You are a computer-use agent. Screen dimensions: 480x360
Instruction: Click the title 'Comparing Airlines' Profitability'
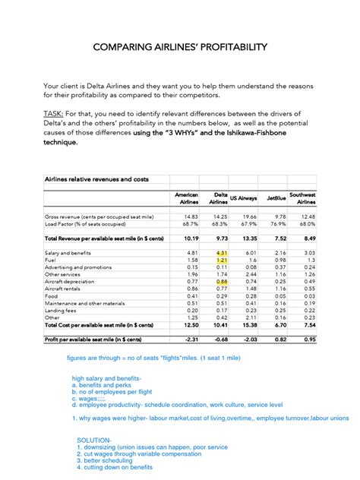[179, 47]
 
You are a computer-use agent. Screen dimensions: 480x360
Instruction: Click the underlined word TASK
[55, 114]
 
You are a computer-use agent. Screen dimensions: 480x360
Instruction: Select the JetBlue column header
[276, 198]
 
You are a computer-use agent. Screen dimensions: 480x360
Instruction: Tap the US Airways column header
[243, 198]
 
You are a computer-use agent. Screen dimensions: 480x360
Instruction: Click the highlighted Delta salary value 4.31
[222, 252]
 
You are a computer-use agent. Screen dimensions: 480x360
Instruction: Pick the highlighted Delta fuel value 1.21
[222, 260]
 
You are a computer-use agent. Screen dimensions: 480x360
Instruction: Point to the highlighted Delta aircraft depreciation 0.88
[222, 281]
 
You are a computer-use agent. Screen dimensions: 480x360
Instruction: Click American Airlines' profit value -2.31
[189, 339]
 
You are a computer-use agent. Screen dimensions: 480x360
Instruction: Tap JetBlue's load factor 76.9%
[276, 224]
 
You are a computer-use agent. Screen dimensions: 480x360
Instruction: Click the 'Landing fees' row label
[61, 310]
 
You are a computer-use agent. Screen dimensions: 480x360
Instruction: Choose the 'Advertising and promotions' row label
[78, 267]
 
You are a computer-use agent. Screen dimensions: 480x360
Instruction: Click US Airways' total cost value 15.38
[248, 324]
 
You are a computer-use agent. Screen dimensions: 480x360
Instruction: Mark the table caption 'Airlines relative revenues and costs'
[96, 179]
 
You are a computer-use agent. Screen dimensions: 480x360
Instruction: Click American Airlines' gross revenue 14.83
[190, 216]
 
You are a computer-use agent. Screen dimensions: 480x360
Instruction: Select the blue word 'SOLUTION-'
[94, 440]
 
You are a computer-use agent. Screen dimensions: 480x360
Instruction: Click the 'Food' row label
[52, 295]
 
